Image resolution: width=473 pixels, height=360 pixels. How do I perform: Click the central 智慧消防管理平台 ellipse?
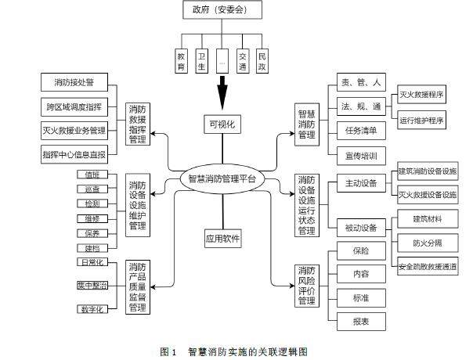[x=222, y=178]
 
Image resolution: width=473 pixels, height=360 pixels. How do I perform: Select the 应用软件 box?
[x=222, y=236]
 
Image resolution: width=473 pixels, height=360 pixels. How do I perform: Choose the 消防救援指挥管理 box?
[x=137, y=123]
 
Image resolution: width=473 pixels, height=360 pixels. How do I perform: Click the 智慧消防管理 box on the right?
[x=305, y=123]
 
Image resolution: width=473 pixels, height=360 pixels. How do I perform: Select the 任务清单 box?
[x=359, y=130]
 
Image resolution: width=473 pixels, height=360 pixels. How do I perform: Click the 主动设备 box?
[x=361, y=184]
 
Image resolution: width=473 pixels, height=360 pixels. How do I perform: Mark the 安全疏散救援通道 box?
[x=428, y=266]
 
